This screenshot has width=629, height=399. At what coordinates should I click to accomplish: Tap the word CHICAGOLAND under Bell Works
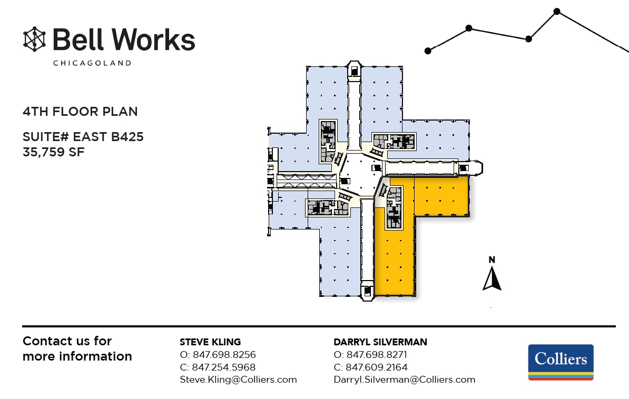coord(92,63)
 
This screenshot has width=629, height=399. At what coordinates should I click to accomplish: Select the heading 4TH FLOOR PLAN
coord(80,112)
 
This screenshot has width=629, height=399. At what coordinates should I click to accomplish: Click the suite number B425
coord(127,137)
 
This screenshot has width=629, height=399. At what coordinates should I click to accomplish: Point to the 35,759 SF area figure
coord(54,152)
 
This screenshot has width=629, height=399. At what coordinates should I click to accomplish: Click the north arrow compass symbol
coord(492,279)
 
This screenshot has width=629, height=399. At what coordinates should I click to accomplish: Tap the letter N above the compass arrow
coord(492,260)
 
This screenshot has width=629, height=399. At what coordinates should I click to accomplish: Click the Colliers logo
coord(561,362)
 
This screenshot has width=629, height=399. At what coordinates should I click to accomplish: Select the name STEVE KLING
coord(210,342)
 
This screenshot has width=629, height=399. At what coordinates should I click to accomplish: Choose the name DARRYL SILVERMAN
coord(380,342)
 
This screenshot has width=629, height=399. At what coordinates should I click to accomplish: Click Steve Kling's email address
coord(238,380)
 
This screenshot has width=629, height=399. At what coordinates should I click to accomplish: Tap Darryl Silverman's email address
coord(404,380)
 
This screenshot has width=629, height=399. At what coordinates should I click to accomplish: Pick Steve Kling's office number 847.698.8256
coord(224,355)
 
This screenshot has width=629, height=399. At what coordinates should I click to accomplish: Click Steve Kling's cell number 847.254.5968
coord(224,367)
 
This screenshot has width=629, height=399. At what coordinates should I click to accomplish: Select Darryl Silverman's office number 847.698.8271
coord(377,355)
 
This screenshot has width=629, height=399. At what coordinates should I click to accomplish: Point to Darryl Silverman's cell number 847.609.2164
coord(377,367)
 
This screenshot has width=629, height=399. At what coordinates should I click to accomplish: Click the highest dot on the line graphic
coord(557,11)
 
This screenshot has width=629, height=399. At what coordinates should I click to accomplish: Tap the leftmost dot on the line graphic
coord(428,51)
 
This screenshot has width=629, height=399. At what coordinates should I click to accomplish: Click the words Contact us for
coord(67,341)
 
